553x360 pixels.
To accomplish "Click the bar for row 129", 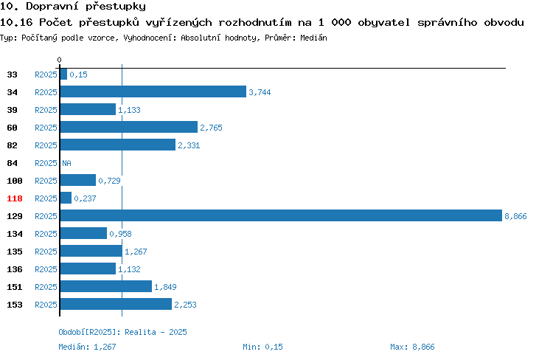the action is [x=281, y=215].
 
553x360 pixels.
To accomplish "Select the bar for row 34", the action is [x=153, y=91].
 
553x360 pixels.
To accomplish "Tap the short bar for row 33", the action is [x=63, y=74].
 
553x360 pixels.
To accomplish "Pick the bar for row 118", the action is [x=66, y=198].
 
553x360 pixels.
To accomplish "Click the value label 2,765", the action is [x=212, y=128].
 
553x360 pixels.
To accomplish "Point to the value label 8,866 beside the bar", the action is [x=515, y=216].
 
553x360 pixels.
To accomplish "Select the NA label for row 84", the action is [x=66, y=163].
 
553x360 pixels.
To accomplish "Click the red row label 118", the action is [x=15, y=198].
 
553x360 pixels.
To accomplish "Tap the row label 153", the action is [x=15, y=305].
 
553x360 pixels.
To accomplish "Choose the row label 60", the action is [x=12, y=128].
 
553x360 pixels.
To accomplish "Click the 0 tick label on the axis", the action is [x=59, y=60].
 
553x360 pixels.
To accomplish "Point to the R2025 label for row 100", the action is [x=46, y=181].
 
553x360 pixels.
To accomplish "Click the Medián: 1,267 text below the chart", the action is [x=87, y=347].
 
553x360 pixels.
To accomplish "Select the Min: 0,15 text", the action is [x=262, y=347].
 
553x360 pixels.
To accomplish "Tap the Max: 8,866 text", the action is [x=412, y=347].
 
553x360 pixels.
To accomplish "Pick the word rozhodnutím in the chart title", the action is [x=255, y=22].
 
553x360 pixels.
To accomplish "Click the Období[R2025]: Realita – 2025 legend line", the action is [x=122, y=332].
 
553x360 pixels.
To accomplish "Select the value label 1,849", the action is [x=165, y=287].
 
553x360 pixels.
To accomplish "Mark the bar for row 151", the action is [x=106, y=286].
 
